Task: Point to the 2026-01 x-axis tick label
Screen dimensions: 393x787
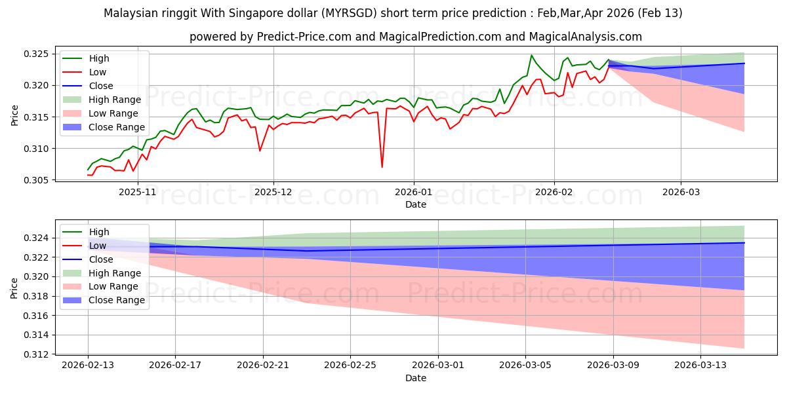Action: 413,192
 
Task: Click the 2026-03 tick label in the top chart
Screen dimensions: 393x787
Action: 680,192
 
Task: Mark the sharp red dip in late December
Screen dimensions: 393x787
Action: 382,167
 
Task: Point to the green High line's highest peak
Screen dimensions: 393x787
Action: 531,55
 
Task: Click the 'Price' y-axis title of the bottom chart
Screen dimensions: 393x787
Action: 14,288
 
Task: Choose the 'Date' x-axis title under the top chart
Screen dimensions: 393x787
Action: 415,204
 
